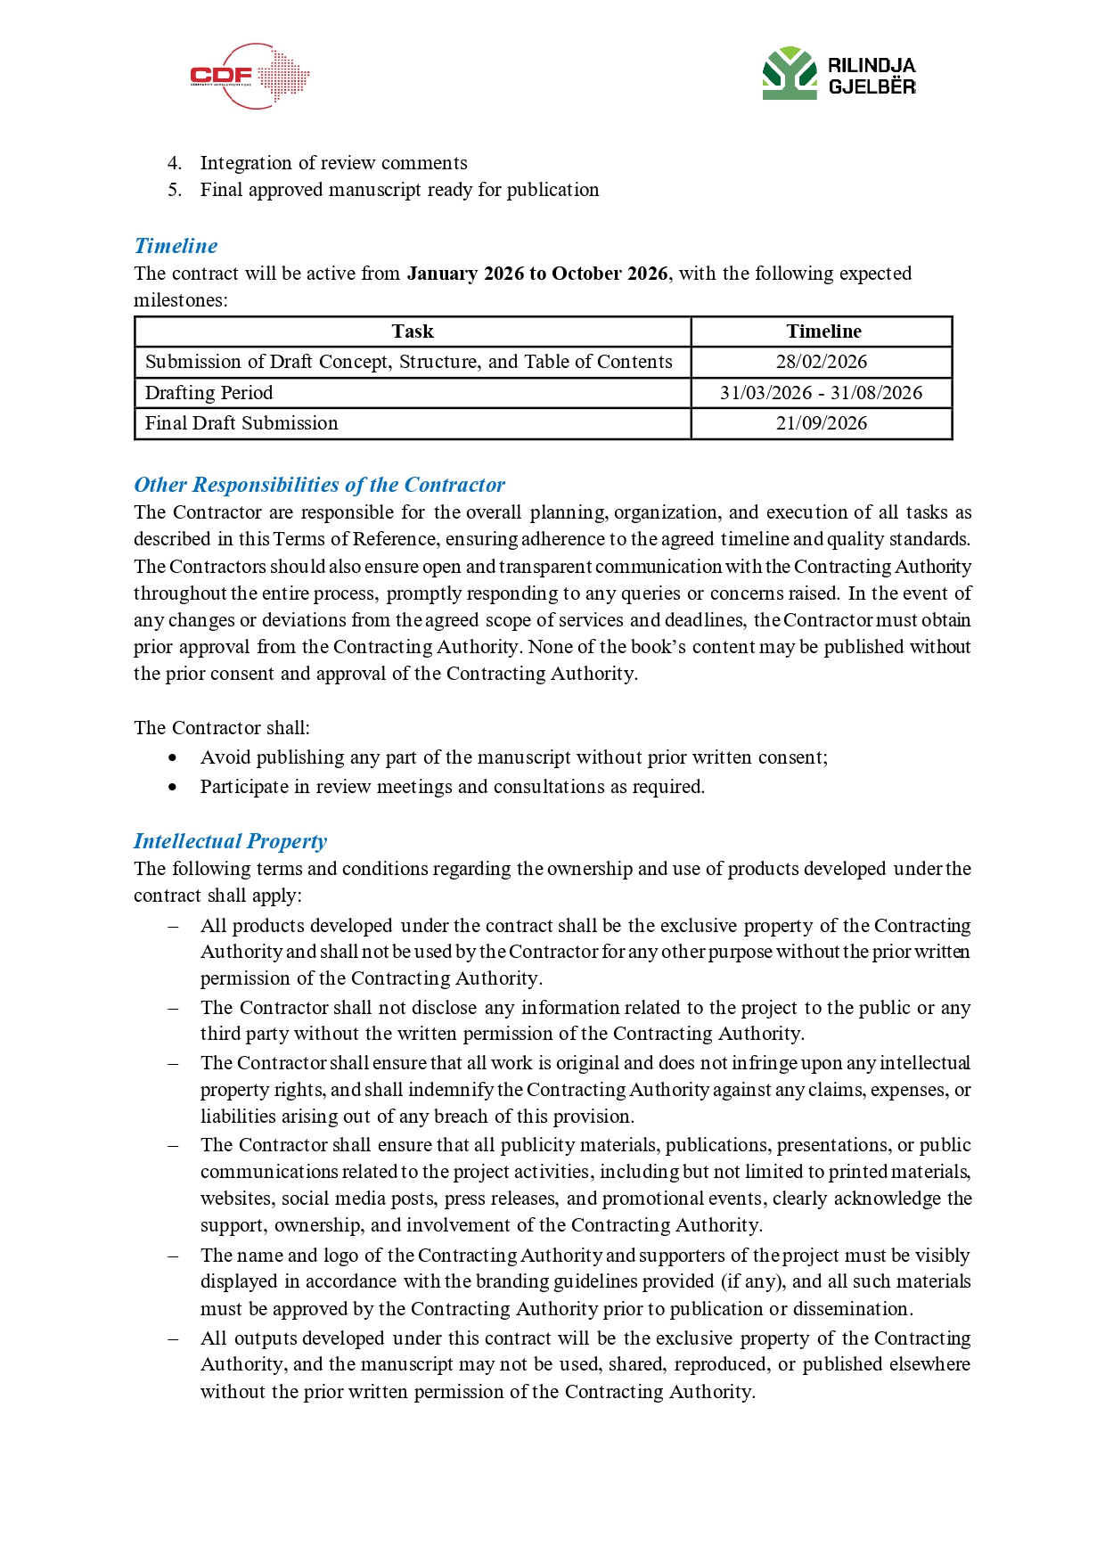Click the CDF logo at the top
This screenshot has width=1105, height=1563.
click(249, 77)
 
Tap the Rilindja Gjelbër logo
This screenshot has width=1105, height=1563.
click(839, 74)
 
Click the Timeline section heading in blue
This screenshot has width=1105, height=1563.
click(176, 246)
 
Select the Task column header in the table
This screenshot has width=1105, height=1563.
click(413, 331)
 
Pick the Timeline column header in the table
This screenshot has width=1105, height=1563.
click(823, 331)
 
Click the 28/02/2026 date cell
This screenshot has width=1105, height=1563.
click(821, 362)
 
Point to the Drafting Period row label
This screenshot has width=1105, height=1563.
click(209, 393)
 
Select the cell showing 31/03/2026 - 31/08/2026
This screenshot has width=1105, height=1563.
click(821, 393)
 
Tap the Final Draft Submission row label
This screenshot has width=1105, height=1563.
click(241, 423)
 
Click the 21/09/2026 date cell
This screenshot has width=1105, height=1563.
click(821, 423)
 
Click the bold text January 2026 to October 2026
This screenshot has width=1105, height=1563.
click(536, 274)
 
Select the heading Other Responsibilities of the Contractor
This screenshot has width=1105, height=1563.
click(319, 485)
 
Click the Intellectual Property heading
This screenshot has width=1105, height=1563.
click(230, 841)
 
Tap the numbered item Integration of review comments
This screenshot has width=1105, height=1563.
click(333, 163)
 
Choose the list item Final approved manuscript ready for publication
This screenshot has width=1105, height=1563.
click(399, 190)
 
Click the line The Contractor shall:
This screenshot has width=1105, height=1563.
click(222, 728)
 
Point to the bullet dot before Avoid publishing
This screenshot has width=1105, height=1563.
click(173, 757)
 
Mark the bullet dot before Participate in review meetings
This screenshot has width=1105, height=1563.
click(173, 787)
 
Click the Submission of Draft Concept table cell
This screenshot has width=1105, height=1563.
click(408, 362)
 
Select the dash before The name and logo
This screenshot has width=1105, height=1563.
click(174, 1256)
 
